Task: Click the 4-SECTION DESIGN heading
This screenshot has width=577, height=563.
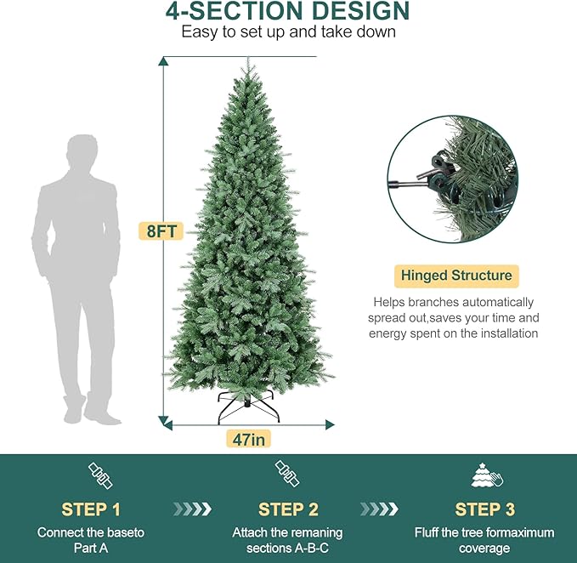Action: click(288, 12)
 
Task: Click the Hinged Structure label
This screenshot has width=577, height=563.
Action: click(456, 276)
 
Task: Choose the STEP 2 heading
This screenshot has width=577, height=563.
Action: click(287, 509)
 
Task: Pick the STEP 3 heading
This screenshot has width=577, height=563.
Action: click(484, 509)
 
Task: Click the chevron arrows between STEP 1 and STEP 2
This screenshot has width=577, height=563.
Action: click(192, 509)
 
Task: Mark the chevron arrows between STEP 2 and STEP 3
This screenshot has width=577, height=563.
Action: click(379, 509)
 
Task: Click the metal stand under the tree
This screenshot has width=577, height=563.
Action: click(247, 407)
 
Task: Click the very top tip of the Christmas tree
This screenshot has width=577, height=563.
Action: click(247, 59)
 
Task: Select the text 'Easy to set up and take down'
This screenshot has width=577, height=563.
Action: click(288, 32)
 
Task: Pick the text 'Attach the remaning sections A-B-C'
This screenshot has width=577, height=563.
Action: click(287, 540)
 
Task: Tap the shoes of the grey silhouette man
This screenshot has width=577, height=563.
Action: click(82, 416)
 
